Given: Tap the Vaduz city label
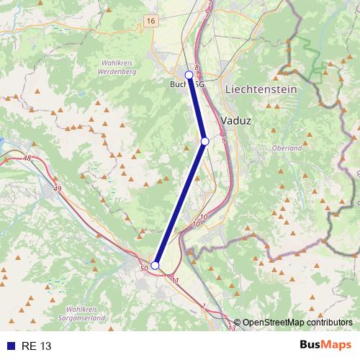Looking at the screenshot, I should tap(236, 120).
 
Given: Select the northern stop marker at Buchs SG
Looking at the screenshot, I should tap(189, 74).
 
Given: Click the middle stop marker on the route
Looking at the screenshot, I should tap(204, 142).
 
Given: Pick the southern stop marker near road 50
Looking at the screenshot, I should tap(155, 265).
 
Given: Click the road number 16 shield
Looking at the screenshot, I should tap(150, 22).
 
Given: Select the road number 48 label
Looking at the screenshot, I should tap(27, 158).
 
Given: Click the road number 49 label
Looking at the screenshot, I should tap(58, 189).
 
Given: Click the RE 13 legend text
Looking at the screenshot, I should tap(37, 346).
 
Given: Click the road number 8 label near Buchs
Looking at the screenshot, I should tap(196, 66).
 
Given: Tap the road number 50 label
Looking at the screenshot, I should tap(144, 269).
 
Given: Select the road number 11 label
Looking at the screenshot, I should tap(175, 279).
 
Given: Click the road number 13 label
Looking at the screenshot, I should tap(231, 328).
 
